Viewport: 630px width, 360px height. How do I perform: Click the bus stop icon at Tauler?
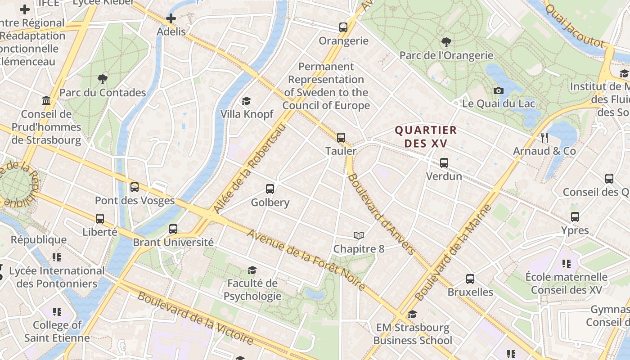(x=341, y=137)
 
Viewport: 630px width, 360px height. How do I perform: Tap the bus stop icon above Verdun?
(x=444, y=162)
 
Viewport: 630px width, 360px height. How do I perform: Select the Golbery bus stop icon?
(x=270, y=189)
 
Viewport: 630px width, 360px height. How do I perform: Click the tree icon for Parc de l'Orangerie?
(x=446, y=42)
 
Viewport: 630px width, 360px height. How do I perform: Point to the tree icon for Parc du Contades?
(x=103, y=80)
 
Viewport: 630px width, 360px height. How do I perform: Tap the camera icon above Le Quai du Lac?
(x=498, y=90)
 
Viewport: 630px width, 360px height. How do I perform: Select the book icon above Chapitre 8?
(x=359, y=235)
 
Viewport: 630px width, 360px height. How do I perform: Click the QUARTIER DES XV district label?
(x=426, y=137)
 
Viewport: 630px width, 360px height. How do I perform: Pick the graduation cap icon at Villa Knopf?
(x=246, y=101)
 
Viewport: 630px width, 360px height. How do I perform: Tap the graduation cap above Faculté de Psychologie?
(x=252, y=270)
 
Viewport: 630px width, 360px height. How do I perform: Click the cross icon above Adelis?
(x=171, y=18)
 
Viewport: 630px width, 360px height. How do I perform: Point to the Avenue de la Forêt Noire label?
(x=306, y=260)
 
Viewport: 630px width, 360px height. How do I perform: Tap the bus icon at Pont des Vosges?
(x=135, y=187)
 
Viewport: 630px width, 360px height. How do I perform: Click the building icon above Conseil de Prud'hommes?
(x=46, y=100)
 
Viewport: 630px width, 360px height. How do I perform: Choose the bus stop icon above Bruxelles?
(x=470, y=279)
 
